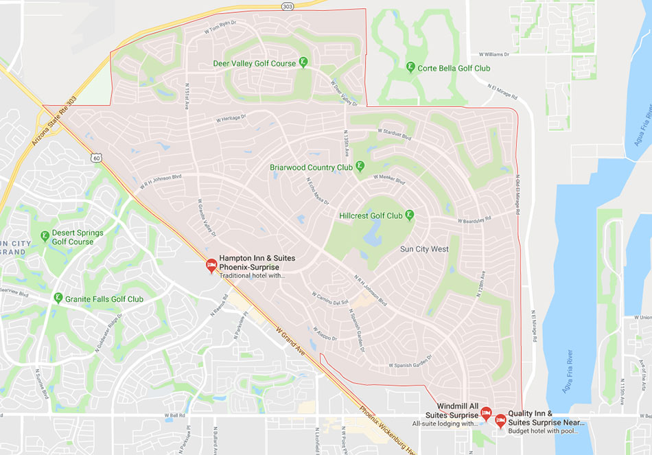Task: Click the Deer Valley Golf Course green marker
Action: point(303,62)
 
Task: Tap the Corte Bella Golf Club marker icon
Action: point(410,67)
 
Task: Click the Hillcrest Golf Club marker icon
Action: point(410,215)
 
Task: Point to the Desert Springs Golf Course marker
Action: point(45,236)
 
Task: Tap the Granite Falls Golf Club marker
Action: point(58,298)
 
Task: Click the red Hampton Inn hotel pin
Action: point(211,265)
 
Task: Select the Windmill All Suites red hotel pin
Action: point(486,413)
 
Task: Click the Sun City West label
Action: point(424,249)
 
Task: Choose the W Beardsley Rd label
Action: point(474,220)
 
